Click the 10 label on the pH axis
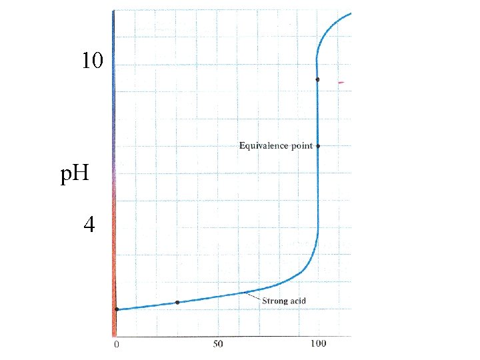[93, 60]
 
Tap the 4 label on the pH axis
[89, 225]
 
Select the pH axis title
[75, 174]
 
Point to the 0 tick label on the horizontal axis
[116, 345]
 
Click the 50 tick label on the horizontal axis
[218, 344]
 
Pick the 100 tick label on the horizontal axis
[319, 343]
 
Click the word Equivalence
[263, 145]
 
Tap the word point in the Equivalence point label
[302, 146]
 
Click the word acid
[298, 301]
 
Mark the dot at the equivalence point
[318, 146]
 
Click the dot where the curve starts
[117, 309]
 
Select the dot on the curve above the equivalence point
[318, 79]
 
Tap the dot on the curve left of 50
[177, 303]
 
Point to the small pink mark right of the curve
[341, 83]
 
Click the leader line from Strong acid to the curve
[253, 296]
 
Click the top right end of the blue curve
[351, 13]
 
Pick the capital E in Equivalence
[242, 145]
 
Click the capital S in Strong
[265, 301]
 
